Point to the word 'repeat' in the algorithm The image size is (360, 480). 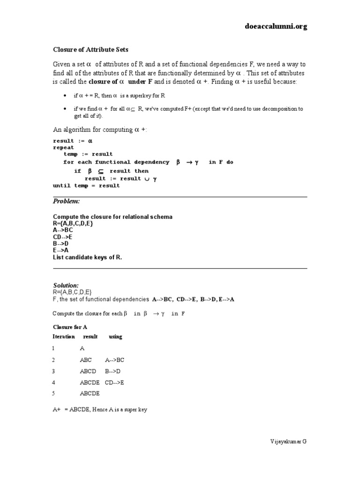point(63,147)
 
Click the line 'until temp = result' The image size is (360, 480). point(86,186)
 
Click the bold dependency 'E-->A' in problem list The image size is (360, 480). point(61,250)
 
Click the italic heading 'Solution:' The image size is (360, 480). point(66,285)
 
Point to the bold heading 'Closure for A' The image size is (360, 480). point(70,327)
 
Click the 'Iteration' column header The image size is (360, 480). point(63,337)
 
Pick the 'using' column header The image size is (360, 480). point(115,337)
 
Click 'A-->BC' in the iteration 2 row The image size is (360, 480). point(115,360)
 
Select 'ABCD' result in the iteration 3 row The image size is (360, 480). point(88,371)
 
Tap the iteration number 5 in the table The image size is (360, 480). point(54,394)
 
